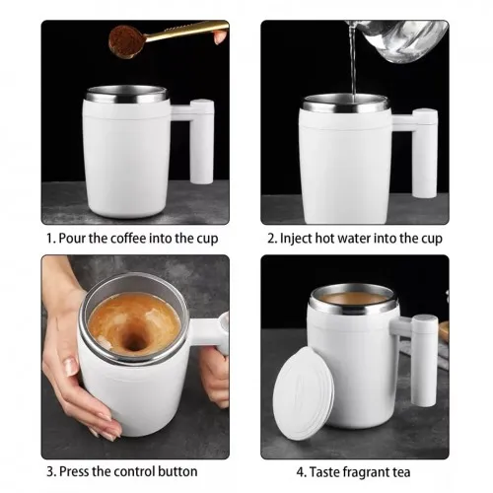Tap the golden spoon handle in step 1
[187, 31]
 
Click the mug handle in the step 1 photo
[201, 140]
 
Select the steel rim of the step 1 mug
[125, 97]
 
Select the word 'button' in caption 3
[176, 471]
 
